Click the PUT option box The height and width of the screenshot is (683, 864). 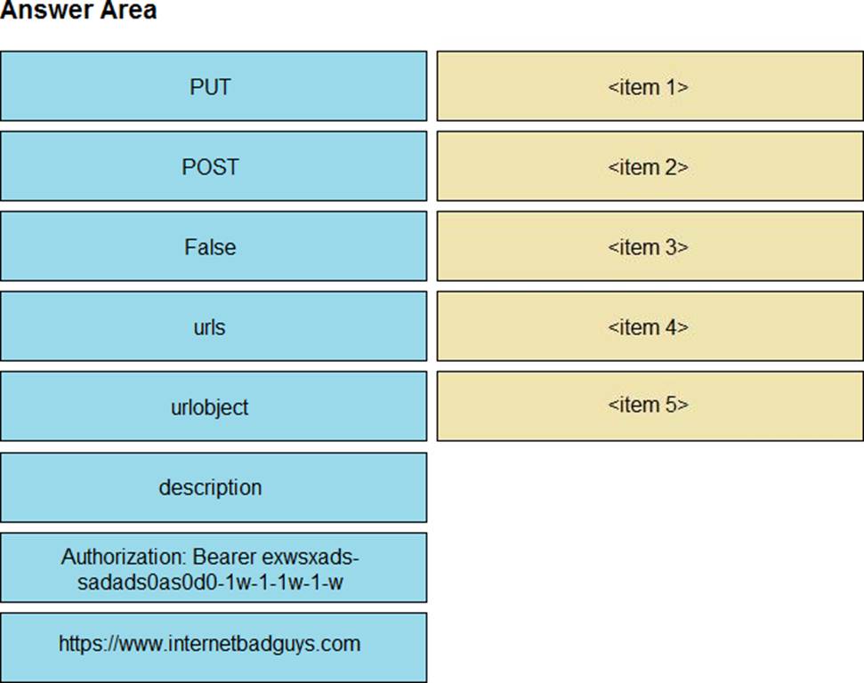tap(214, 86)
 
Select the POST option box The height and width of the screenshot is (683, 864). tap(214, 165)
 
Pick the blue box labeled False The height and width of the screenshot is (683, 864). tap(214, 246)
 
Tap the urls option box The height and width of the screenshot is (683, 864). tap(214, 326)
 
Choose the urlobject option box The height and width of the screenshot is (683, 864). tap(214, 406)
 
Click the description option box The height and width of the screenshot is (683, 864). tap(214, 487)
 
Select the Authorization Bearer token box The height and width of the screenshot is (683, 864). tap(214, 566)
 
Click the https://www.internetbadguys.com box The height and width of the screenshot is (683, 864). tap(214, 647)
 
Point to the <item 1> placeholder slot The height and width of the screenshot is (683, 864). tap(650, 86)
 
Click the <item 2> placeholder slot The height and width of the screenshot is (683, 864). tap(650, 165)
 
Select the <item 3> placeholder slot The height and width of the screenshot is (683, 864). tap(650, 246)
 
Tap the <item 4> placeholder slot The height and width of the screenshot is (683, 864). tap(650, 326)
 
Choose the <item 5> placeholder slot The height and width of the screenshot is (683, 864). tap(650, 406)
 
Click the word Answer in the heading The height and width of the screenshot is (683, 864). tap(37, 10)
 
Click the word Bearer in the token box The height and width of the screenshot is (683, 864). tap(224, 557)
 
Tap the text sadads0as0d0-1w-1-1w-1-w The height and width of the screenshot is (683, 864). tap(210, 583)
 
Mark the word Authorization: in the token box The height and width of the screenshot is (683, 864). tap(124, 557)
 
